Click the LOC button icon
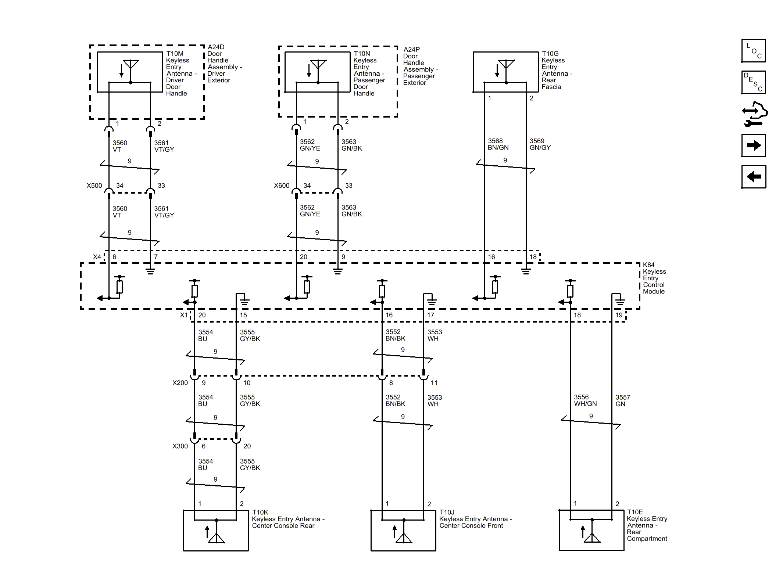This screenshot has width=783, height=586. coord(754,51)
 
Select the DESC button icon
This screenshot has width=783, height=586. coord(754,82)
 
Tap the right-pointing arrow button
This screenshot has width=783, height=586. coord(754,145)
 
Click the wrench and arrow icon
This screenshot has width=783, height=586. coord(755,114)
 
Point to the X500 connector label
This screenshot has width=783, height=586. coord(94,186)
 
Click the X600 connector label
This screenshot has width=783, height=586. coord(282,186)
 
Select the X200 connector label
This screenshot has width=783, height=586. coord(180,383)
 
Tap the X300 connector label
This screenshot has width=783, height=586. coord(180,446)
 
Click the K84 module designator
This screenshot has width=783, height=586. coord(648,265)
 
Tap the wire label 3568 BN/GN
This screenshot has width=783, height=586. coord(498,144)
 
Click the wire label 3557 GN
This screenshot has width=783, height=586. coord(623,400)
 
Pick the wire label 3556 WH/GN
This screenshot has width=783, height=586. coord(585,400)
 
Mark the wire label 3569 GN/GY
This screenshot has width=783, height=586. coord(540,144)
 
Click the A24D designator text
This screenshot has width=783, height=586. coord(216,47)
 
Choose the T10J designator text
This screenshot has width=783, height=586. coord(447,513)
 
